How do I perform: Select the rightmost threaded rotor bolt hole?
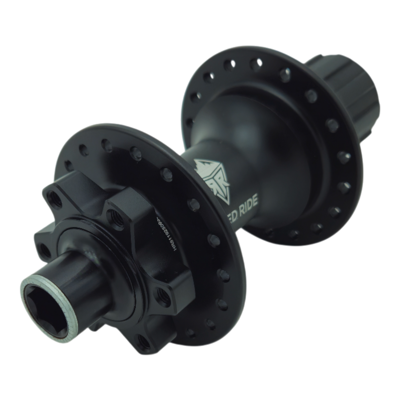point(163,294)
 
